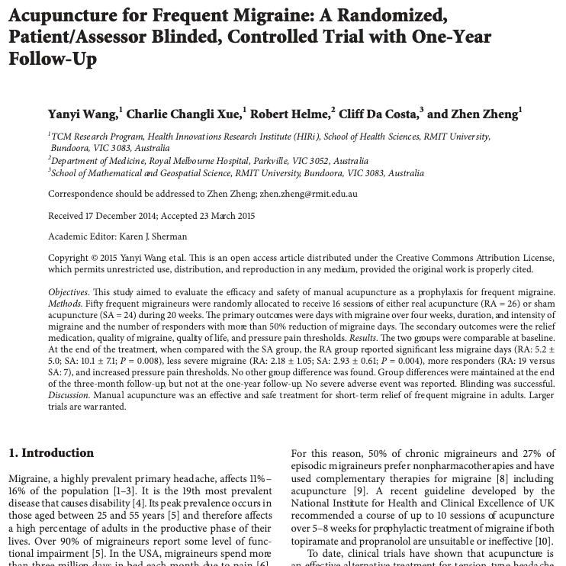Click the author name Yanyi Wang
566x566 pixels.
[x=82, y=114]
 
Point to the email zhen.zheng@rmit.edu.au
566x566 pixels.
[x=308, y=194]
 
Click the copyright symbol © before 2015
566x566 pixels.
[x=95, y=259]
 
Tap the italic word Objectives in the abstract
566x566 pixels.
[x=67, y=293]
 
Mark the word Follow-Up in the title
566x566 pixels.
[x=53, y=59]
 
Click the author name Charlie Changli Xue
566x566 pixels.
[x=183, y=114]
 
